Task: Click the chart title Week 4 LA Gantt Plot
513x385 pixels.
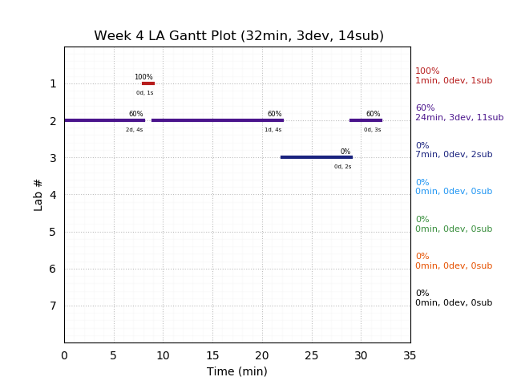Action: click(238, 36)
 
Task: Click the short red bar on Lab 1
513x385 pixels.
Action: click(148, 83)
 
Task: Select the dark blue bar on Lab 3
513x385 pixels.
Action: click(316, 157)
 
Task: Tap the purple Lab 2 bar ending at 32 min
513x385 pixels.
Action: click(366, 120)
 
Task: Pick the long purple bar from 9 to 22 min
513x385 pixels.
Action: click(217, 120)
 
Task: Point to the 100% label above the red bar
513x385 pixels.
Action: click(143, 77)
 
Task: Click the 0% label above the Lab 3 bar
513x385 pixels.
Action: click(345, 152)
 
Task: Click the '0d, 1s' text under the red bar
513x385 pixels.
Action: click(144, 93)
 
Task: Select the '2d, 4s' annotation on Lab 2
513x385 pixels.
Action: click(134, 130)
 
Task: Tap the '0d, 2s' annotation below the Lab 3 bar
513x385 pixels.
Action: click(342, 167)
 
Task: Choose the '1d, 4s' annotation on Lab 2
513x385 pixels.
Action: click(273, 130)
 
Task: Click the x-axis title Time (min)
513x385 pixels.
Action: click(237, 371)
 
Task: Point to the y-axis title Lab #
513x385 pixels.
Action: click(38, 194)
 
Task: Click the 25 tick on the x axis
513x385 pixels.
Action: click(312, 355)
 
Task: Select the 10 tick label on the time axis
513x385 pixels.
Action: click(163, 355)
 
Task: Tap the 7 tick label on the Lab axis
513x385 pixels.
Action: click(53, 306)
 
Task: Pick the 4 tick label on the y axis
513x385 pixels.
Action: click(53, 195)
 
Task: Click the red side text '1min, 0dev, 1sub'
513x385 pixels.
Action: click(454, 81)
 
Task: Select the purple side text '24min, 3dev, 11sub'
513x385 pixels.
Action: click(459, 118)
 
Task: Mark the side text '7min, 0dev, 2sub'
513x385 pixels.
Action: click(454, 155)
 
